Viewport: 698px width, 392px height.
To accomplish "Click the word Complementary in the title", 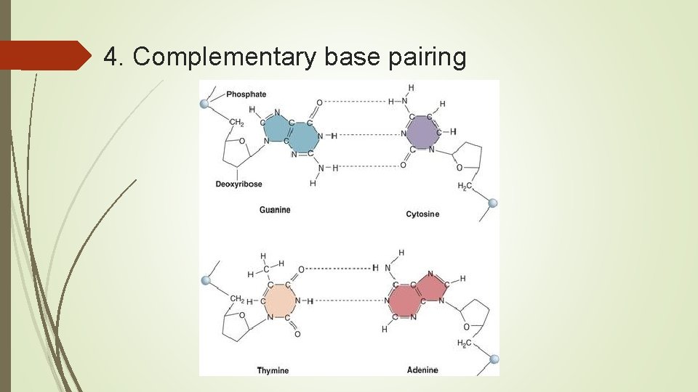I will click(225, 57).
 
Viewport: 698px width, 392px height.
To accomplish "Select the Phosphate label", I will click(246, 94).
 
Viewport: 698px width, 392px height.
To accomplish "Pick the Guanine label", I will click(275, 210).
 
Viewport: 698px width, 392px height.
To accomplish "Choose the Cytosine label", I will click(422, 214).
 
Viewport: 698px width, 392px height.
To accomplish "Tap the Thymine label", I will click(273, 370).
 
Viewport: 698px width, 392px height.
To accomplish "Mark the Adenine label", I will click(422, 370).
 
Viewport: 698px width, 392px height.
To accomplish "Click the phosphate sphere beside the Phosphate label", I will click(205, 104).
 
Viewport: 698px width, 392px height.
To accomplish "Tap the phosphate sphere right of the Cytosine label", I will click(493, 204).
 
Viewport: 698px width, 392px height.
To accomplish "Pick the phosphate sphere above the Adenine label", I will click(494, 359).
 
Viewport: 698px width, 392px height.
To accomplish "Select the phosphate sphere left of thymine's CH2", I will click(205, 280).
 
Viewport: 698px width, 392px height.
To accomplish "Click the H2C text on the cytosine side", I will click(464, 187).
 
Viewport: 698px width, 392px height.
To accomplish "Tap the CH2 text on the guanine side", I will click(236, 123).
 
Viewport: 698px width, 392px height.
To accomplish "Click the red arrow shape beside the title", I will click(44, 56).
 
